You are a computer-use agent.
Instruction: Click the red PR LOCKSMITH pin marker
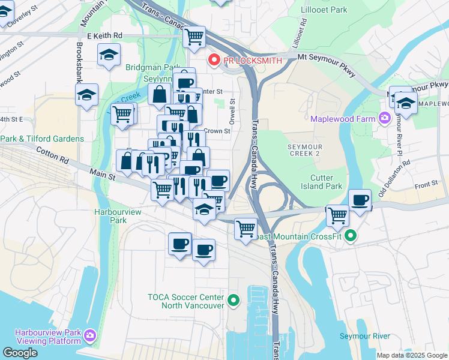point(213,60)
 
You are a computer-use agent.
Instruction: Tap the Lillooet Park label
point(326,10)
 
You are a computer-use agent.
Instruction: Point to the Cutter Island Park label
point(326,182)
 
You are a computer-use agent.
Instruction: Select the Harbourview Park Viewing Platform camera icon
point(90,335)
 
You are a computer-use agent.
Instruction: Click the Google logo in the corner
point(20,353)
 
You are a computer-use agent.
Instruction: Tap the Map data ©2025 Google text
point(411,355)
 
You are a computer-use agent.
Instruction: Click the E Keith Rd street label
point(104,36)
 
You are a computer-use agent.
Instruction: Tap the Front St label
point(427,186)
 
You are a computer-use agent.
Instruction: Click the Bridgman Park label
point(150,68)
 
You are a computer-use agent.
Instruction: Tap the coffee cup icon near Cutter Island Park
point(360,200)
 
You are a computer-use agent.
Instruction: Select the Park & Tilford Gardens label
point(42,139)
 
